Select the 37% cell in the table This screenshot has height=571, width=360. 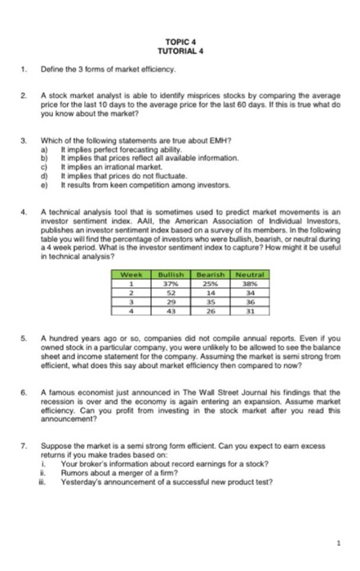171,308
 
